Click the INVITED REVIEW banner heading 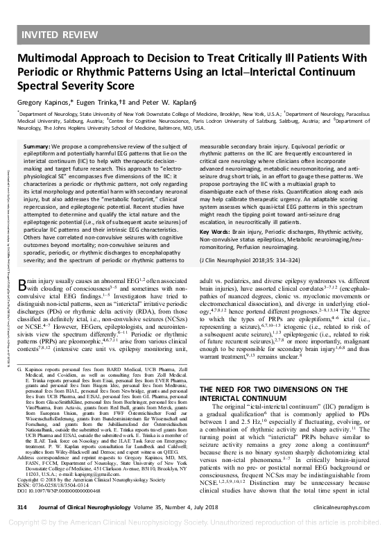click(60, 34)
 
